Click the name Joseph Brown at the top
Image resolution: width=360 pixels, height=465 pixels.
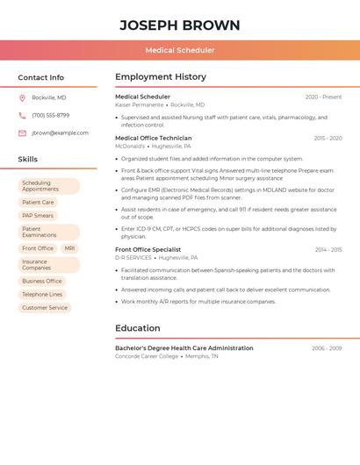tap(180, 25)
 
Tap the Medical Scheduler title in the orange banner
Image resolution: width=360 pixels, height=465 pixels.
tap(180, 50)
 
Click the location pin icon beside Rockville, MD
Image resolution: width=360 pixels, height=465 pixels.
tap(22, 97)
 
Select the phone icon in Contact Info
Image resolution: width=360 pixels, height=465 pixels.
tap(22, 115)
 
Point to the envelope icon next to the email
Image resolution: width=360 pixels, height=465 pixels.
tap(22, 133)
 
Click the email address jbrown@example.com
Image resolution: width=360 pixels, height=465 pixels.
tap(60, 133)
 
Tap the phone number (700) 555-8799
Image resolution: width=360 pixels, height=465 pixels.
tap(50, 115)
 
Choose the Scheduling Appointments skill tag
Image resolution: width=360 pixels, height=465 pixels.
tap(48, 186)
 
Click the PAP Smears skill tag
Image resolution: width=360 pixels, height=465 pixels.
tap(38, 215)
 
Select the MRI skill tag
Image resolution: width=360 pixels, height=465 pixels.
tap(69, 248)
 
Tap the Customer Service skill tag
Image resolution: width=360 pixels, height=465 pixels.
tap(45, 308)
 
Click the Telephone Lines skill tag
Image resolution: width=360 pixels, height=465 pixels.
tap(42, 294)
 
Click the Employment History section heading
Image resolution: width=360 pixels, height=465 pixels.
tap(161, 77)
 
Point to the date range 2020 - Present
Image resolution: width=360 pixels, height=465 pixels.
tap(323, 97)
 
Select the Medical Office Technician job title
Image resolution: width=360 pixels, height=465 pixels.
tap(153, 138)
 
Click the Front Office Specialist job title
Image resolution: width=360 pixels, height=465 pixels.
tap(148, 249)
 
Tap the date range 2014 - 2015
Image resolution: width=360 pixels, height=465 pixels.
tap(328, 250)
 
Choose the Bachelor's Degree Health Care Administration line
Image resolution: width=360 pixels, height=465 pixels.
tap(184, 347)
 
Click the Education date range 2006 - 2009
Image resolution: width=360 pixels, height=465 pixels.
tap(327, 348)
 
